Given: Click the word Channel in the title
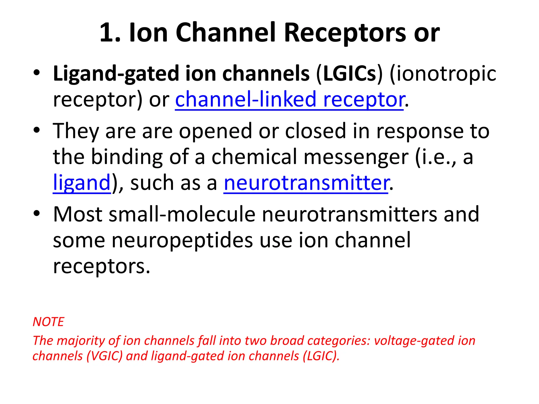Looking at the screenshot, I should [x=226, y=33].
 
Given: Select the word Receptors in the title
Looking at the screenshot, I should [x=345, y=33].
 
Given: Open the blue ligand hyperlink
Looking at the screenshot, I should [x=82, y=183].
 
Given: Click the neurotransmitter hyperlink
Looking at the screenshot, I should [x=306, y=183].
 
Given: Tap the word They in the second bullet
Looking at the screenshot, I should [x=76, y=131].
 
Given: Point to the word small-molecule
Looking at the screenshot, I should [x=182, y=214].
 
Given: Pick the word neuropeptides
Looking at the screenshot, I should [x=182, y=240].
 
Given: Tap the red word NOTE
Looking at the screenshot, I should [x=48, y=322].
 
